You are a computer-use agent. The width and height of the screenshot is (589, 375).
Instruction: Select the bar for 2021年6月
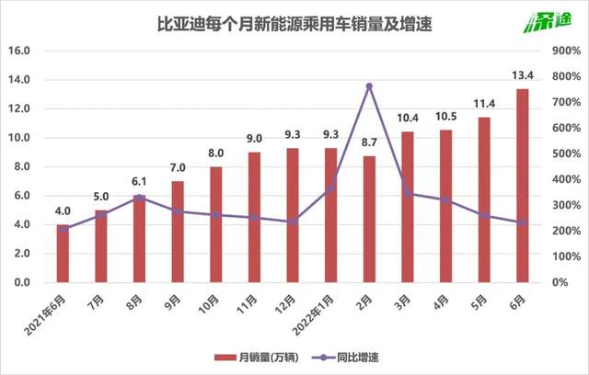63,254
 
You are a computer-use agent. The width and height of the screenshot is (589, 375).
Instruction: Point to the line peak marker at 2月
369,86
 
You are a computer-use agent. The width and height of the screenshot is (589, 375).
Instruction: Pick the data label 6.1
139,182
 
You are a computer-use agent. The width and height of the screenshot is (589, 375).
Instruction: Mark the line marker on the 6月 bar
522,222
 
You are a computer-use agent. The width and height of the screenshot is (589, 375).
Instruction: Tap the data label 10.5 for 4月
445,118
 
